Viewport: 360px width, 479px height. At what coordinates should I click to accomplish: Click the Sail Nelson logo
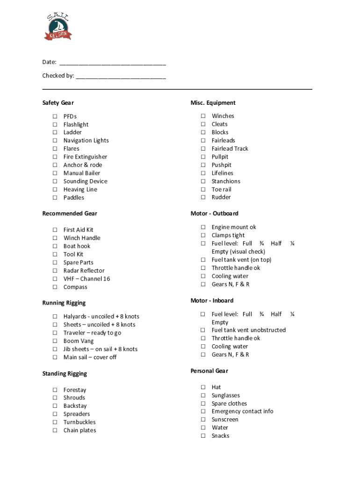click(x=58, y=27)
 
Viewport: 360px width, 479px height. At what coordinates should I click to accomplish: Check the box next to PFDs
click(x=55, y=116)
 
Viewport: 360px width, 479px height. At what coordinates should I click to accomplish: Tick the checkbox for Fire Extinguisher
click(x=55, y=157)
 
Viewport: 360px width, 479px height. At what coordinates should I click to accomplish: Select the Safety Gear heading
click(x=58, y=103)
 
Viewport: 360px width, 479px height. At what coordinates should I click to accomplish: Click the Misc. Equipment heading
click(x=213, y=103)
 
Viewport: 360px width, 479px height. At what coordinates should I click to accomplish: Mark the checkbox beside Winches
click(x=203, y=116)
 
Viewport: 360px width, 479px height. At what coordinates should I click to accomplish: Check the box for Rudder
click(x=203, y=197)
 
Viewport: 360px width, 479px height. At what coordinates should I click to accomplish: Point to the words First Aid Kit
click(x=78, y=230)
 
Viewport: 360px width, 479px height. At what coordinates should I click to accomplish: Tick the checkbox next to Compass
click(x=55, y=287)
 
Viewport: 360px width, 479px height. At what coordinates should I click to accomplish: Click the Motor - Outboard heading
click(x=214, y=213)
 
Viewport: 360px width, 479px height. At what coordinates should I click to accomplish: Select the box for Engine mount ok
click(x=203, y=227)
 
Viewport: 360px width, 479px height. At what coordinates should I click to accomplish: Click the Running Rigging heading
click(x=64, y=303)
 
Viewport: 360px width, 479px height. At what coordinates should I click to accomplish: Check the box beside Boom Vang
click(x=55, y=341)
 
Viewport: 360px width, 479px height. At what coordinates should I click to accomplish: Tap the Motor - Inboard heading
click(x=212, y=300)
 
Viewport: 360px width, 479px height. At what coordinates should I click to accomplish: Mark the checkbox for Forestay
click(x=55, y=390)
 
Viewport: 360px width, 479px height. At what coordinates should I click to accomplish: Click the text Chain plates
click(x=79, y=430)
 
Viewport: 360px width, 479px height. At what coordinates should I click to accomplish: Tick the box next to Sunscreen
click(x=203, y=420)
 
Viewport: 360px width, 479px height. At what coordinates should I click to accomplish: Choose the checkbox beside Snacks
click(x=203, y=436)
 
